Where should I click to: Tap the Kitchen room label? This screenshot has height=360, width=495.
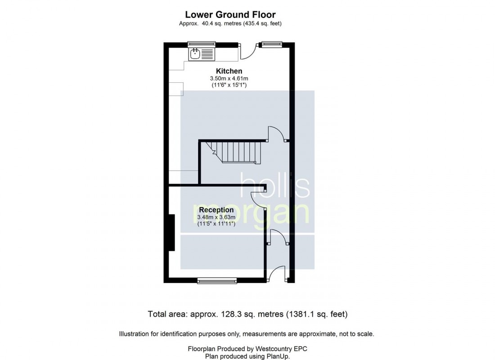(x=229, y=71)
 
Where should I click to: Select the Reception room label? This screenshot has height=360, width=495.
(x=216, y=210)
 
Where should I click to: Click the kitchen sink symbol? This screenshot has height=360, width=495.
(x=195, y=54)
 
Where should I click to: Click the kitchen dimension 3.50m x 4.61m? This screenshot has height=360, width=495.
(x=229, y=79)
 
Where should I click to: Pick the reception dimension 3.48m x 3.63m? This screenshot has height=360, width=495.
(x=216, y=217)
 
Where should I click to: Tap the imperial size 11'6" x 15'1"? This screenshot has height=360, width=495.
(x=229, y=85)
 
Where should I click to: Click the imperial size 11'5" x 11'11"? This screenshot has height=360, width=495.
(x=216, y=224)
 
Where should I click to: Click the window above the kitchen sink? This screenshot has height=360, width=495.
(x=202, y=44)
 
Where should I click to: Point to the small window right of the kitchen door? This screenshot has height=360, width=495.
(x=270, y=44)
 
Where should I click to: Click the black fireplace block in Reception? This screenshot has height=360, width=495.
(x=171, y=232)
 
